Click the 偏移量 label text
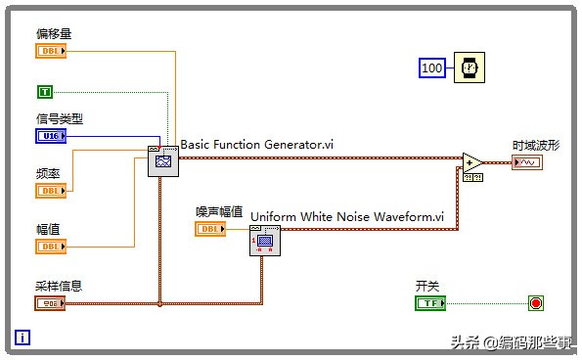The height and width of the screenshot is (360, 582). click(x=54, y=34)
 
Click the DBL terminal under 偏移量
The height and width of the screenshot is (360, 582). click(x=50, y=51)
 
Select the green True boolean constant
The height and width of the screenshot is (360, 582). click(x=45, y=91)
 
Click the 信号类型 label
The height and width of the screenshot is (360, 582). click(x=60, y=119)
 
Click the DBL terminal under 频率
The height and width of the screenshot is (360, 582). click(x=50, y=191)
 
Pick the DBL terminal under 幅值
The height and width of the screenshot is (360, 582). click(x=50, y=247)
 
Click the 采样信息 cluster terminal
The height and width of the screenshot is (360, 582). click(x=50, y=302)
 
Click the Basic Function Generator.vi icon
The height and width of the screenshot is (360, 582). click(x=163, y=160)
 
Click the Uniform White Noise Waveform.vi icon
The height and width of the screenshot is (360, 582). click(x=265, y=240)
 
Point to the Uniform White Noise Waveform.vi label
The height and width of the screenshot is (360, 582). click(x=347, y=216)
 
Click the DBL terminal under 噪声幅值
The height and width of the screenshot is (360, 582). click(x=210, y=229)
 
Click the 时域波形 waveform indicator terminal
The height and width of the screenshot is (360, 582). click(x=526, y=162)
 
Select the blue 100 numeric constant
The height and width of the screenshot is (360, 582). click(x=432, y=67)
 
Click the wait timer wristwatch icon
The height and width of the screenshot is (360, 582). click(x=469, y=67)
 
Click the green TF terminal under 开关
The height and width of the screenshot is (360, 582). click(x=429, y=302)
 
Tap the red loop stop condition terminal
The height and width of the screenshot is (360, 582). click(x=535, y=302)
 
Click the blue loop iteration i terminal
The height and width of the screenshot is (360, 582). click(x=22, y=338)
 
